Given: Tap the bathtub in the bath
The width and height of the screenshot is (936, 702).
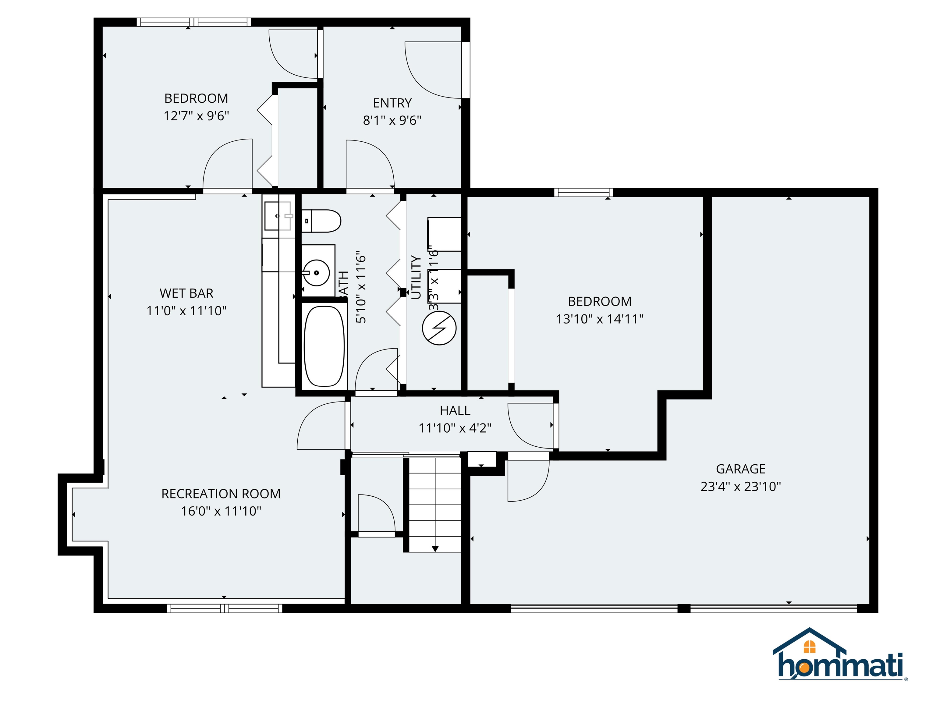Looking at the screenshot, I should (324, 346).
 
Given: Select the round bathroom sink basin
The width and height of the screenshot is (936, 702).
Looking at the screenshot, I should (317, 273).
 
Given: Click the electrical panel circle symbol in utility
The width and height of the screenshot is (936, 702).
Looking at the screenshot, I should (439, 328).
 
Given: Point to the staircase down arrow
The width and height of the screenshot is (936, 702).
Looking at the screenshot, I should (435, 549).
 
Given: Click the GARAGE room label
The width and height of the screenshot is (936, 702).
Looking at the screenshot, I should (740, 469).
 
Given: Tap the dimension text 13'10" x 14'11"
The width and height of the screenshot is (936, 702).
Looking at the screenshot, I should (600, 319).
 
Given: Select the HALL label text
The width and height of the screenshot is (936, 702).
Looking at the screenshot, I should (455, 410).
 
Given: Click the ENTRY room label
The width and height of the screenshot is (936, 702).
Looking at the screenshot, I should (392, 103).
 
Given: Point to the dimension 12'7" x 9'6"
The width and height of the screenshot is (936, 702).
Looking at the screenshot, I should (196, 116).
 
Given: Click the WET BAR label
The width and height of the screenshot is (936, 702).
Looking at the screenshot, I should (186, 293).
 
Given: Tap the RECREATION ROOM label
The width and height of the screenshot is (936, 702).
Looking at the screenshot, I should (221, 494).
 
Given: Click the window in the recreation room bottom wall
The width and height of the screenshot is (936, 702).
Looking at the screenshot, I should (224, 608).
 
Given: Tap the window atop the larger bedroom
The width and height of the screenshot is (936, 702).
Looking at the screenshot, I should (583, 193).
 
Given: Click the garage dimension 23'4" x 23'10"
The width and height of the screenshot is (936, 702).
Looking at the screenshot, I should (740, 487).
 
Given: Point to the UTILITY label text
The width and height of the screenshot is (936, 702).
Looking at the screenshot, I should (416, 277).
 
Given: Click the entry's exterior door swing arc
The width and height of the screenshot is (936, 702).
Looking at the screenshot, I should (427, 72).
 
